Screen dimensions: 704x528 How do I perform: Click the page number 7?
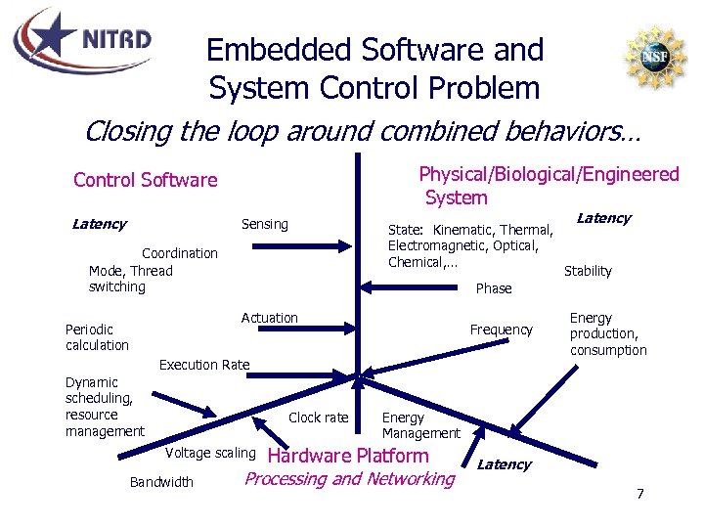tap(639, 493)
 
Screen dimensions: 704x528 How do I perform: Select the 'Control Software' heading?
tap(146, 180)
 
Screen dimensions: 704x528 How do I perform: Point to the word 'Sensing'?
tap(265, 224)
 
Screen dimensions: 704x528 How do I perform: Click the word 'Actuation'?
tap(270, 318)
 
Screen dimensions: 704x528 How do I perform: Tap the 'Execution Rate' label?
tap(204, 365)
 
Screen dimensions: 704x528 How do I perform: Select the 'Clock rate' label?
tap(319, 418)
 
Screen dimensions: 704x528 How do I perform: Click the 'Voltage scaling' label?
tap(210, 453)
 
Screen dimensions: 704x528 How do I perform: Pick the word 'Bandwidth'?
tap(161, 481)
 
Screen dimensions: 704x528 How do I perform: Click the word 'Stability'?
tap(588, 271)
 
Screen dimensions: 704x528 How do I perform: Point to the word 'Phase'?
tap(494, 288)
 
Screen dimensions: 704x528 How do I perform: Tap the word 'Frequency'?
tap(501, 330)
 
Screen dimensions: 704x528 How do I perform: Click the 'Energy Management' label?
tap(420, 425)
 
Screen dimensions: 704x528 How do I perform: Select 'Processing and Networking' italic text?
tap(350, 479)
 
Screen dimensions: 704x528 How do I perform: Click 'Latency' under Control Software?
tap(99, 224)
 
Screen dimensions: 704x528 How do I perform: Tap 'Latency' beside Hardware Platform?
tap(505, 464)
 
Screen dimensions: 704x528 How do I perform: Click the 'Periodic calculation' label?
tap(97, 337)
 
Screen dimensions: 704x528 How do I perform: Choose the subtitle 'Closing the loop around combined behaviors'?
tap(362, 130)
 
